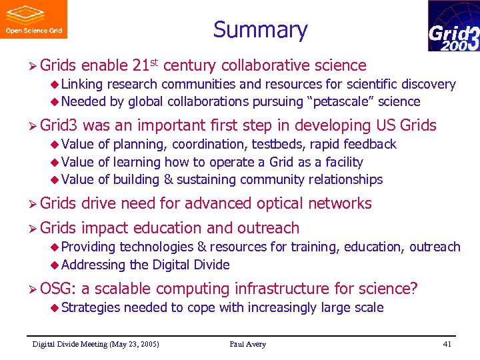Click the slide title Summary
click(x=260, y=30)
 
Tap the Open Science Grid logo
click(x=33, y=19)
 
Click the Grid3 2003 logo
click(x=453, y=27)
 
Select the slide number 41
click(x=447, y=344)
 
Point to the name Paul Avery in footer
click(x=247, y=344)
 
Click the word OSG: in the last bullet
click(x=58, y=289)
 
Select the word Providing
click(x=89, y=247)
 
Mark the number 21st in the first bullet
click(x=145, y=65)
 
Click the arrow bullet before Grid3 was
click(x=32, y=125)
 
